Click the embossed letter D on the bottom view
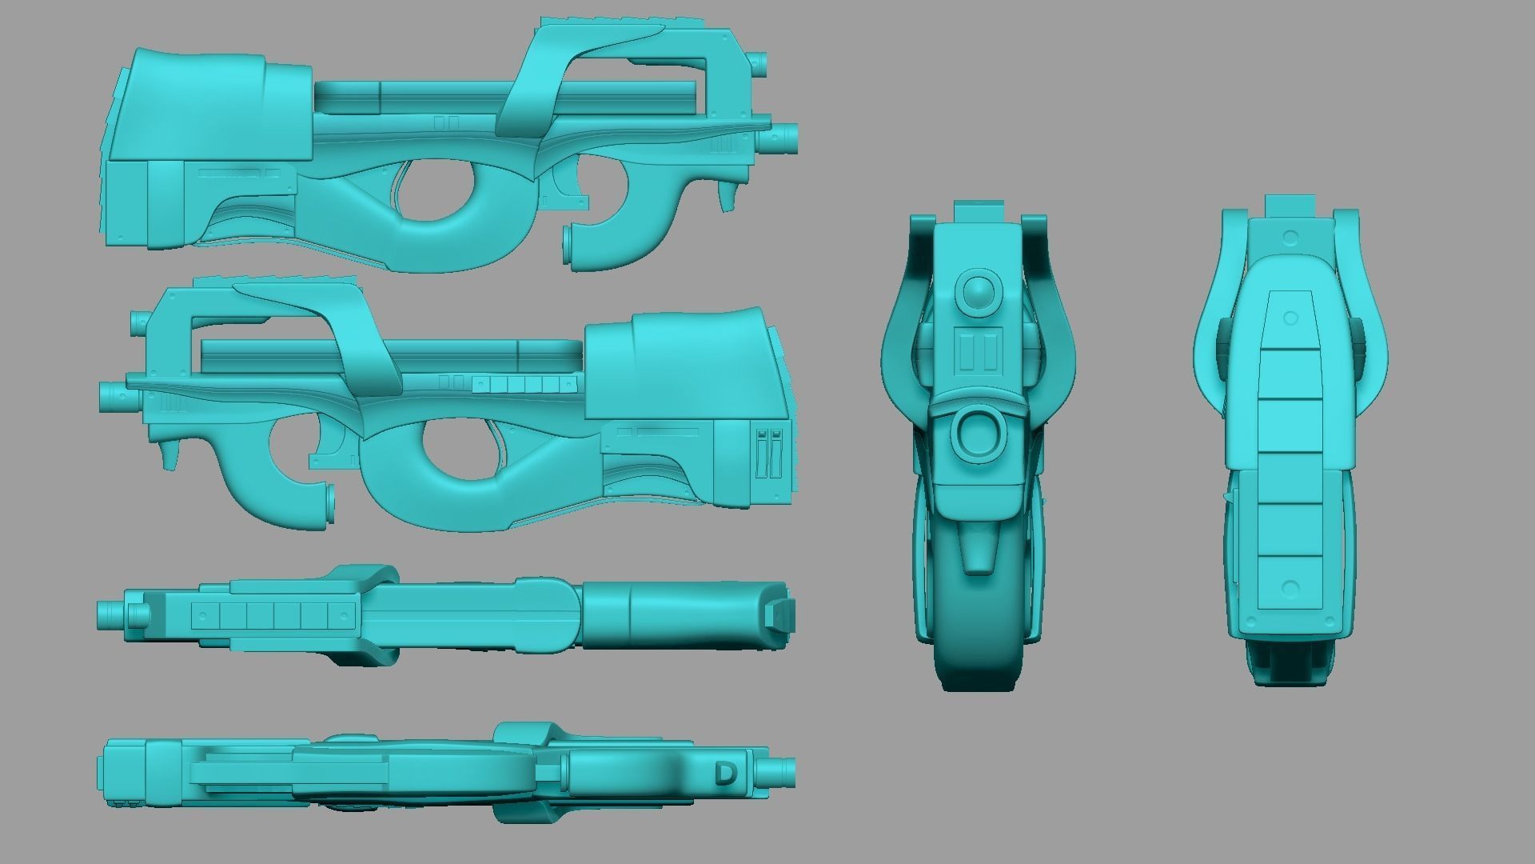click(x=725, y=774)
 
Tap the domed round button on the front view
click(x=977, y=293)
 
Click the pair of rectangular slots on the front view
click(x=978, y=353)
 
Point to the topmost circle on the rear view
click(x=1290, y=238)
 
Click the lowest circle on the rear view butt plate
click(x=1290, y=590)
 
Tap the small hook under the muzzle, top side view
click(x=727, y=196)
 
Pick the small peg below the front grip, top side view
click(x=568, y=245)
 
